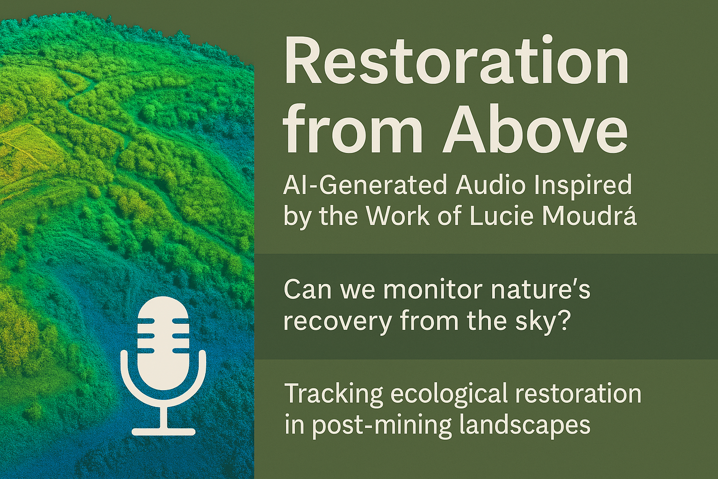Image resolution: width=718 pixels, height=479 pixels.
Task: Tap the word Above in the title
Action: point(535,130)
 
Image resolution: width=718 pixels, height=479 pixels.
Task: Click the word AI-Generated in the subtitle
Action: point(365,185)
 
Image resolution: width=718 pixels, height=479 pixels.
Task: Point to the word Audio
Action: point(493,185)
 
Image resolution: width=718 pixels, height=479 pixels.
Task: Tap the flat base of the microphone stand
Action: point(164,431)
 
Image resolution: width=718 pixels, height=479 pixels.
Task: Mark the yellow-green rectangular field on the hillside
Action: point(29,151)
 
